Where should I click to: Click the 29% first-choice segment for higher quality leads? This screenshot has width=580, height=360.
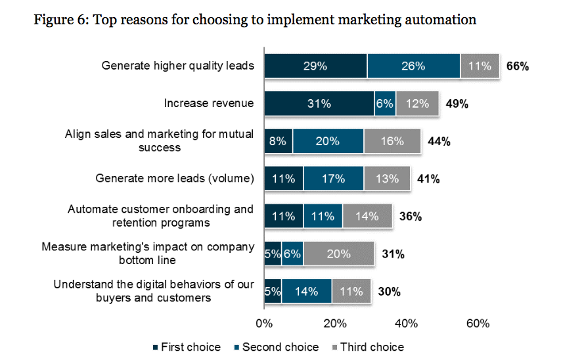click(315, 66)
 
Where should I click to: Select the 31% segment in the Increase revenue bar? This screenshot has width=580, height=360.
click(319, 104)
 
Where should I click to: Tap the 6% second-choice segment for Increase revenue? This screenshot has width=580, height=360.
click(385, 104)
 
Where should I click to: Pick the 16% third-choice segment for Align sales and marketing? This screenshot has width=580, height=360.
click(392, 141)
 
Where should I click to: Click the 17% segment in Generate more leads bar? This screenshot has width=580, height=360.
click(333, 178)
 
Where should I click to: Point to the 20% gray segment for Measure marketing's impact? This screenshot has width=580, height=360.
click(338, 253)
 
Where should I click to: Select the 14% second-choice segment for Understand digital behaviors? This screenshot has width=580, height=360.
click(306, 290)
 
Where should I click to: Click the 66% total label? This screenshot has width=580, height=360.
click(518, 66)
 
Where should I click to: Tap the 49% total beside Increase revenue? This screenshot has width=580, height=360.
click(457, 104)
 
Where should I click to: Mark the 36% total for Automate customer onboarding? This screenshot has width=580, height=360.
click(411, 215)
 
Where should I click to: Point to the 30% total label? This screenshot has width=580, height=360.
click(389, 290)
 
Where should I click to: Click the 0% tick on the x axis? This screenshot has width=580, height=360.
click(264, 323)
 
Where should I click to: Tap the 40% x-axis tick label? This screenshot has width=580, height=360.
click(407, 323)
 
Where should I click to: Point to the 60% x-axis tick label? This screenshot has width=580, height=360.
click(478, 323)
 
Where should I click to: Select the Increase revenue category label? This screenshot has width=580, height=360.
click(209, 104)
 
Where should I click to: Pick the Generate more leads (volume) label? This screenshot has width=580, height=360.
click(175, 178)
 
